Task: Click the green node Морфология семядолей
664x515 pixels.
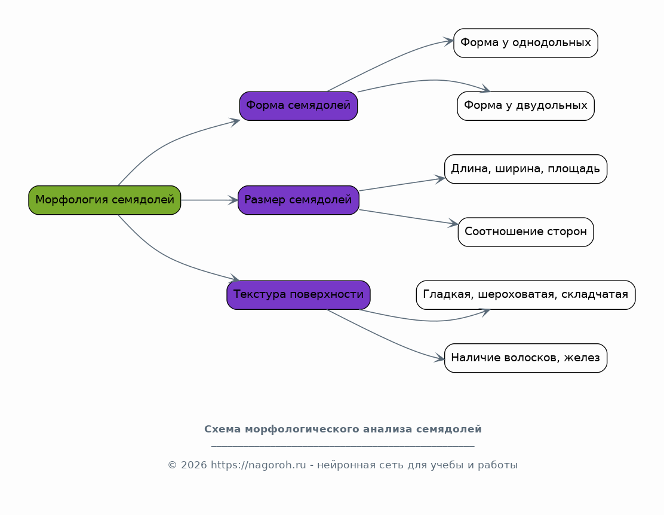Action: point(104,200)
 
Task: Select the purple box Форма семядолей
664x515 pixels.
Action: point(299,106)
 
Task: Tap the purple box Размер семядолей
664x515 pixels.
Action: point(299,200)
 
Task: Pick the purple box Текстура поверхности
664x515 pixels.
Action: point(299,295)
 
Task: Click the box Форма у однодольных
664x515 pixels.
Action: point(525,43)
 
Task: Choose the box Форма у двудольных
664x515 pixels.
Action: point(525,106)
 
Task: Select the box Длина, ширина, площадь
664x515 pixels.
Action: point(525,169)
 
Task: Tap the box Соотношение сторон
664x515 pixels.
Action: point(525,231)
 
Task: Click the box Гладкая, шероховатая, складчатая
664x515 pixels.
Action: point(525,295)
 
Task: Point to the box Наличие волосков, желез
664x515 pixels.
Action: point(525,358)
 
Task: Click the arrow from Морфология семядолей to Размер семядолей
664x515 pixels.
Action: point(209,200)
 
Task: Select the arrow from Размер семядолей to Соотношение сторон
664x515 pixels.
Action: point(408,217)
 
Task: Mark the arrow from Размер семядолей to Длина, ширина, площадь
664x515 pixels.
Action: point(402,185)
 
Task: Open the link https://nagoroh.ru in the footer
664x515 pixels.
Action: point(259,465)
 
